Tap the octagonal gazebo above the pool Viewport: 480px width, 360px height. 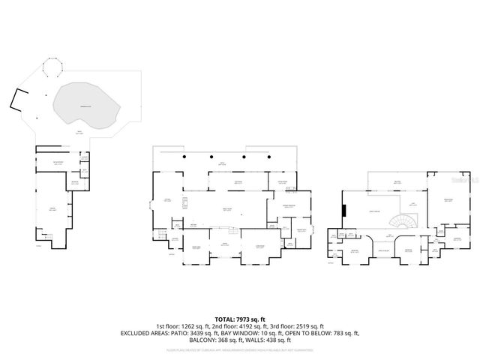pos(53,70)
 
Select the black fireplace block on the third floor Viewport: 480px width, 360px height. pos(344,210)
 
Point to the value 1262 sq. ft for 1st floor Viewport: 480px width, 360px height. pos(196,326)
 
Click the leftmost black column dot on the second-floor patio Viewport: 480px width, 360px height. pos(184,156)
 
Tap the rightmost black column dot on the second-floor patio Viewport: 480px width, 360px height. pos(264,156)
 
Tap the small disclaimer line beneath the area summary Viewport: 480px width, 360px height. pos(239,349)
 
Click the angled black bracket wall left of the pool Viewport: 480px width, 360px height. pos(19,99)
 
